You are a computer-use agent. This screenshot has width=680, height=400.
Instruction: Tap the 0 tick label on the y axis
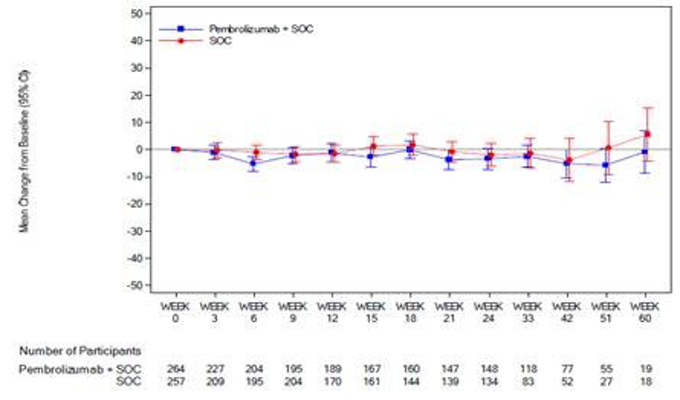click(140, 149)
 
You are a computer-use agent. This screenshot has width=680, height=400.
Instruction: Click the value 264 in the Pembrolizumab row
click(175, 368)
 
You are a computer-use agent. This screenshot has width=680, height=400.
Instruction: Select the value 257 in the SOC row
click(175, 380)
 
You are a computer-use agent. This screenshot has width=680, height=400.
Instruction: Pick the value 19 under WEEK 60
click(646, 368)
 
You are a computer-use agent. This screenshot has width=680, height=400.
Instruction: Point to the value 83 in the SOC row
click(529, 380)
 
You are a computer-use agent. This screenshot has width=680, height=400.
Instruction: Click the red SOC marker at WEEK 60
click(647, 134)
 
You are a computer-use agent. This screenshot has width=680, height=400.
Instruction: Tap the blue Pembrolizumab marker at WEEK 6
click(253, 164)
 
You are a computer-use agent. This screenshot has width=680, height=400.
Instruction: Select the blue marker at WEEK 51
click(606, 165)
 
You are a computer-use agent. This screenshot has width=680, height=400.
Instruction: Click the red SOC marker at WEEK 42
click(569, 161)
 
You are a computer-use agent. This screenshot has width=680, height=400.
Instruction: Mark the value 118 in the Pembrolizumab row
click(529, 368)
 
